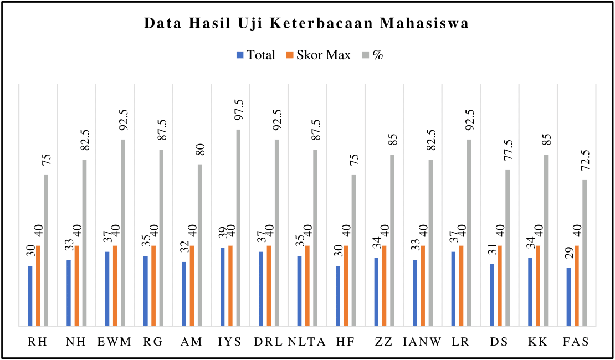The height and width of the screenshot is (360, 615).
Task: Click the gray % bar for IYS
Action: [x=238, y=228]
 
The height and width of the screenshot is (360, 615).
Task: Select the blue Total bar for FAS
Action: [x=569, y=297]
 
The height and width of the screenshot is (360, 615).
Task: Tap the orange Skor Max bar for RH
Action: [x=39, y=286]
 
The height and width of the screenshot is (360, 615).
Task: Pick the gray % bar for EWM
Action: [x=123, y=233]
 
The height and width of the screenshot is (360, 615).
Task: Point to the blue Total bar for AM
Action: [x=184, y=294]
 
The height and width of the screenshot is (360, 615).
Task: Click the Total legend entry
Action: [x=255, y=55]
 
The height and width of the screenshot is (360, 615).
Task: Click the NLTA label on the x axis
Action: [x=306, y=342]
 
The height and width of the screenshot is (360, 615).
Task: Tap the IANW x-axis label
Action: [x=422, y=342]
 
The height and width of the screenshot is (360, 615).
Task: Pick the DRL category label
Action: [x=268, y=342]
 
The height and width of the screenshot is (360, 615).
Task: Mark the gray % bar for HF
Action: [x=354, y=250]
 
